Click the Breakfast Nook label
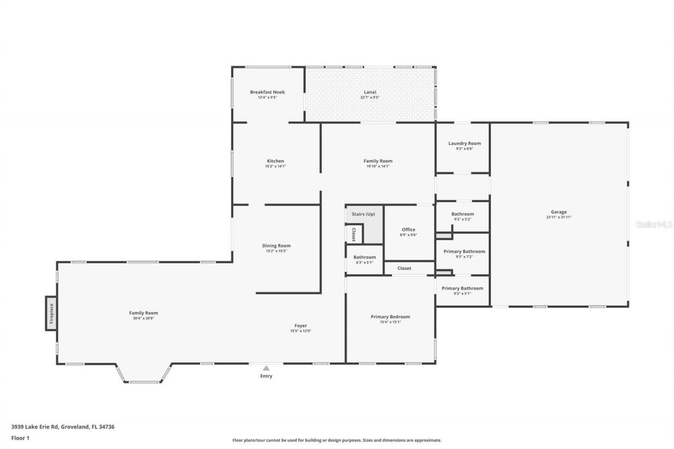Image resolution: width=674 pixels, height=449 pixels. click(267, 92)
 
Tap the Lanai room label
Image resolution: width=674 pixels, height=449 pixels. click(370, 92)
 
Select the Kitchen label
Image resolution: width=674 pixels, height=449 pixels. click(275, 161)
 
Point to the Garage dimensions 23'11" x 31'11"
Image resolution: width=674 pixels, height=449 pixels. click(559, 217)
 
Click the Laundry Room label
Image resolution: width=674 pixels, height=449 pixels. click(464, 143)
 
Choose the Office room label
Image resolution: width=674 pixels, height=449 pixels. click(409, 230)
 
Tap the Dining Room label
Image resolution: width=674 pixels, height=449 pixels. click(276, 246)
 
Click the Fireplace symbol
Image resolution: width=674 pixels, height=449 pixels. click(51, 313)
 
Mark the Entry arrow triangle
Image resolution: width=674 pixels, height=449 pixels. click(266, 368)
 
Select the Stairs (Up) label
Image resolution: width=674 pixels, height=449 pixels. click(363, 214)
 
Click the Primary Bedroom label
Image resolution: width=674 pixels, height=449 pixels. click(390, 317)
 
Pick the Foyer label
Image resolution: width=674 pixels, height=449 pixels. click(301, 326)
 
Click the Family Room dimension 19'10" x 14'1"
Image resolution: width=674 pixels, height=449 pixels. click(378, 166)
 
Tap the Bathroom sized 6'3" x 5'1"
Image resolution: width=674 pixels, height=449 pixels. click(364, 257)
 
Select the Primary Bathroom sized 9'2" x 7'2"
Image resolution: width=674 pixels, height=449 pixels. click(464, 252)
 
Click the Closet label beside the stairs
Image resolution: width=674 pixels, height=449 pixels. click(354, 234)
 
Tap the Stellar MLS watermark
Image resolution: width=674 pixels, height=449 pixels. click(654, 224)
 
